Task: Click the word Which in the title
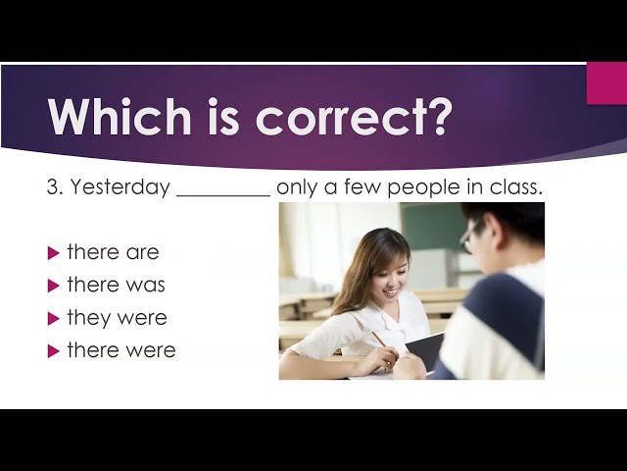120,116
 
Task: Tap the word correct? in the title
355,117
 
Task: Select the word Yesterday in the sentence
121,187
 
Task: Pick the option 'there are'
114,252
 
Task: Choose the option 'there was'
116,285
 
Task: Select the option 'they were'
118,318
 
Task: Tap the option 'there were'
121,350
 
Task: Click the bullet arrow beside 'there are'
53,253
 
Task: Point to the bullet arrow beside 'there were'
53,351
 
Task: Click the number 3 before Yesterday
52,187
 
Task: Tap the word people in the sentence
423,188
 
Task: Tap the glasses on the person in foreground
468,238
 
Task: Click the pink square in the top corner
606,83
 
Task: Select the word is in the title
223,116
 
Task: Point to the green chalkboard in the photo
435,226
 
